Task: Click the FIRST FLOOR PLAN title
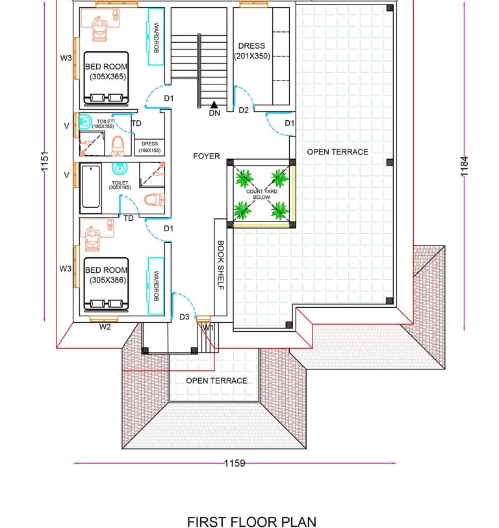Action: pos(251,522)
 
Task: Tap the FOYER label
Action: pos(206,157)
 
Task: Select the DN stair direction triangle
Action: pos(214,103)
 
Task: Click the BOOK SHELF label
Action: pos(220,266)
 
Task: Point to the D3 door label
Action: pos(185,317)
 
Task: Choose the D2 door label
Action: pos(244,110)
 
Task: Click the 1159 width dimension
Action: pos(235,464)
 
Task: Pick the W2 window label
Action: pos(105,327)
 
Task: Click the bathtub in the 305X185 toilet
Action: pos(90,188)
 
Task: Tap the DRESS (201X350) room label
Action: pos(251,51)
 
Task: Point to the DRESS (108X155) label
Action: pos(149,147)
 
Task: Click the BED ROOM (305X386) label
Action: pos(105,275)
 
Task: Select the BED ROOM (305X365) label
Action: pos(105,71)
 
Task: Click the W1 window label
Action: pos(208,328)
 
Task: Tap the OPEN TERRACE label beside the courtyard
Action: pos(337,152)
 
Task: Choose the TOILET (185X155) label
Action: pos(105,123)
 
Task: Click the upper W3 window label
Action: pos(66,58)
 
